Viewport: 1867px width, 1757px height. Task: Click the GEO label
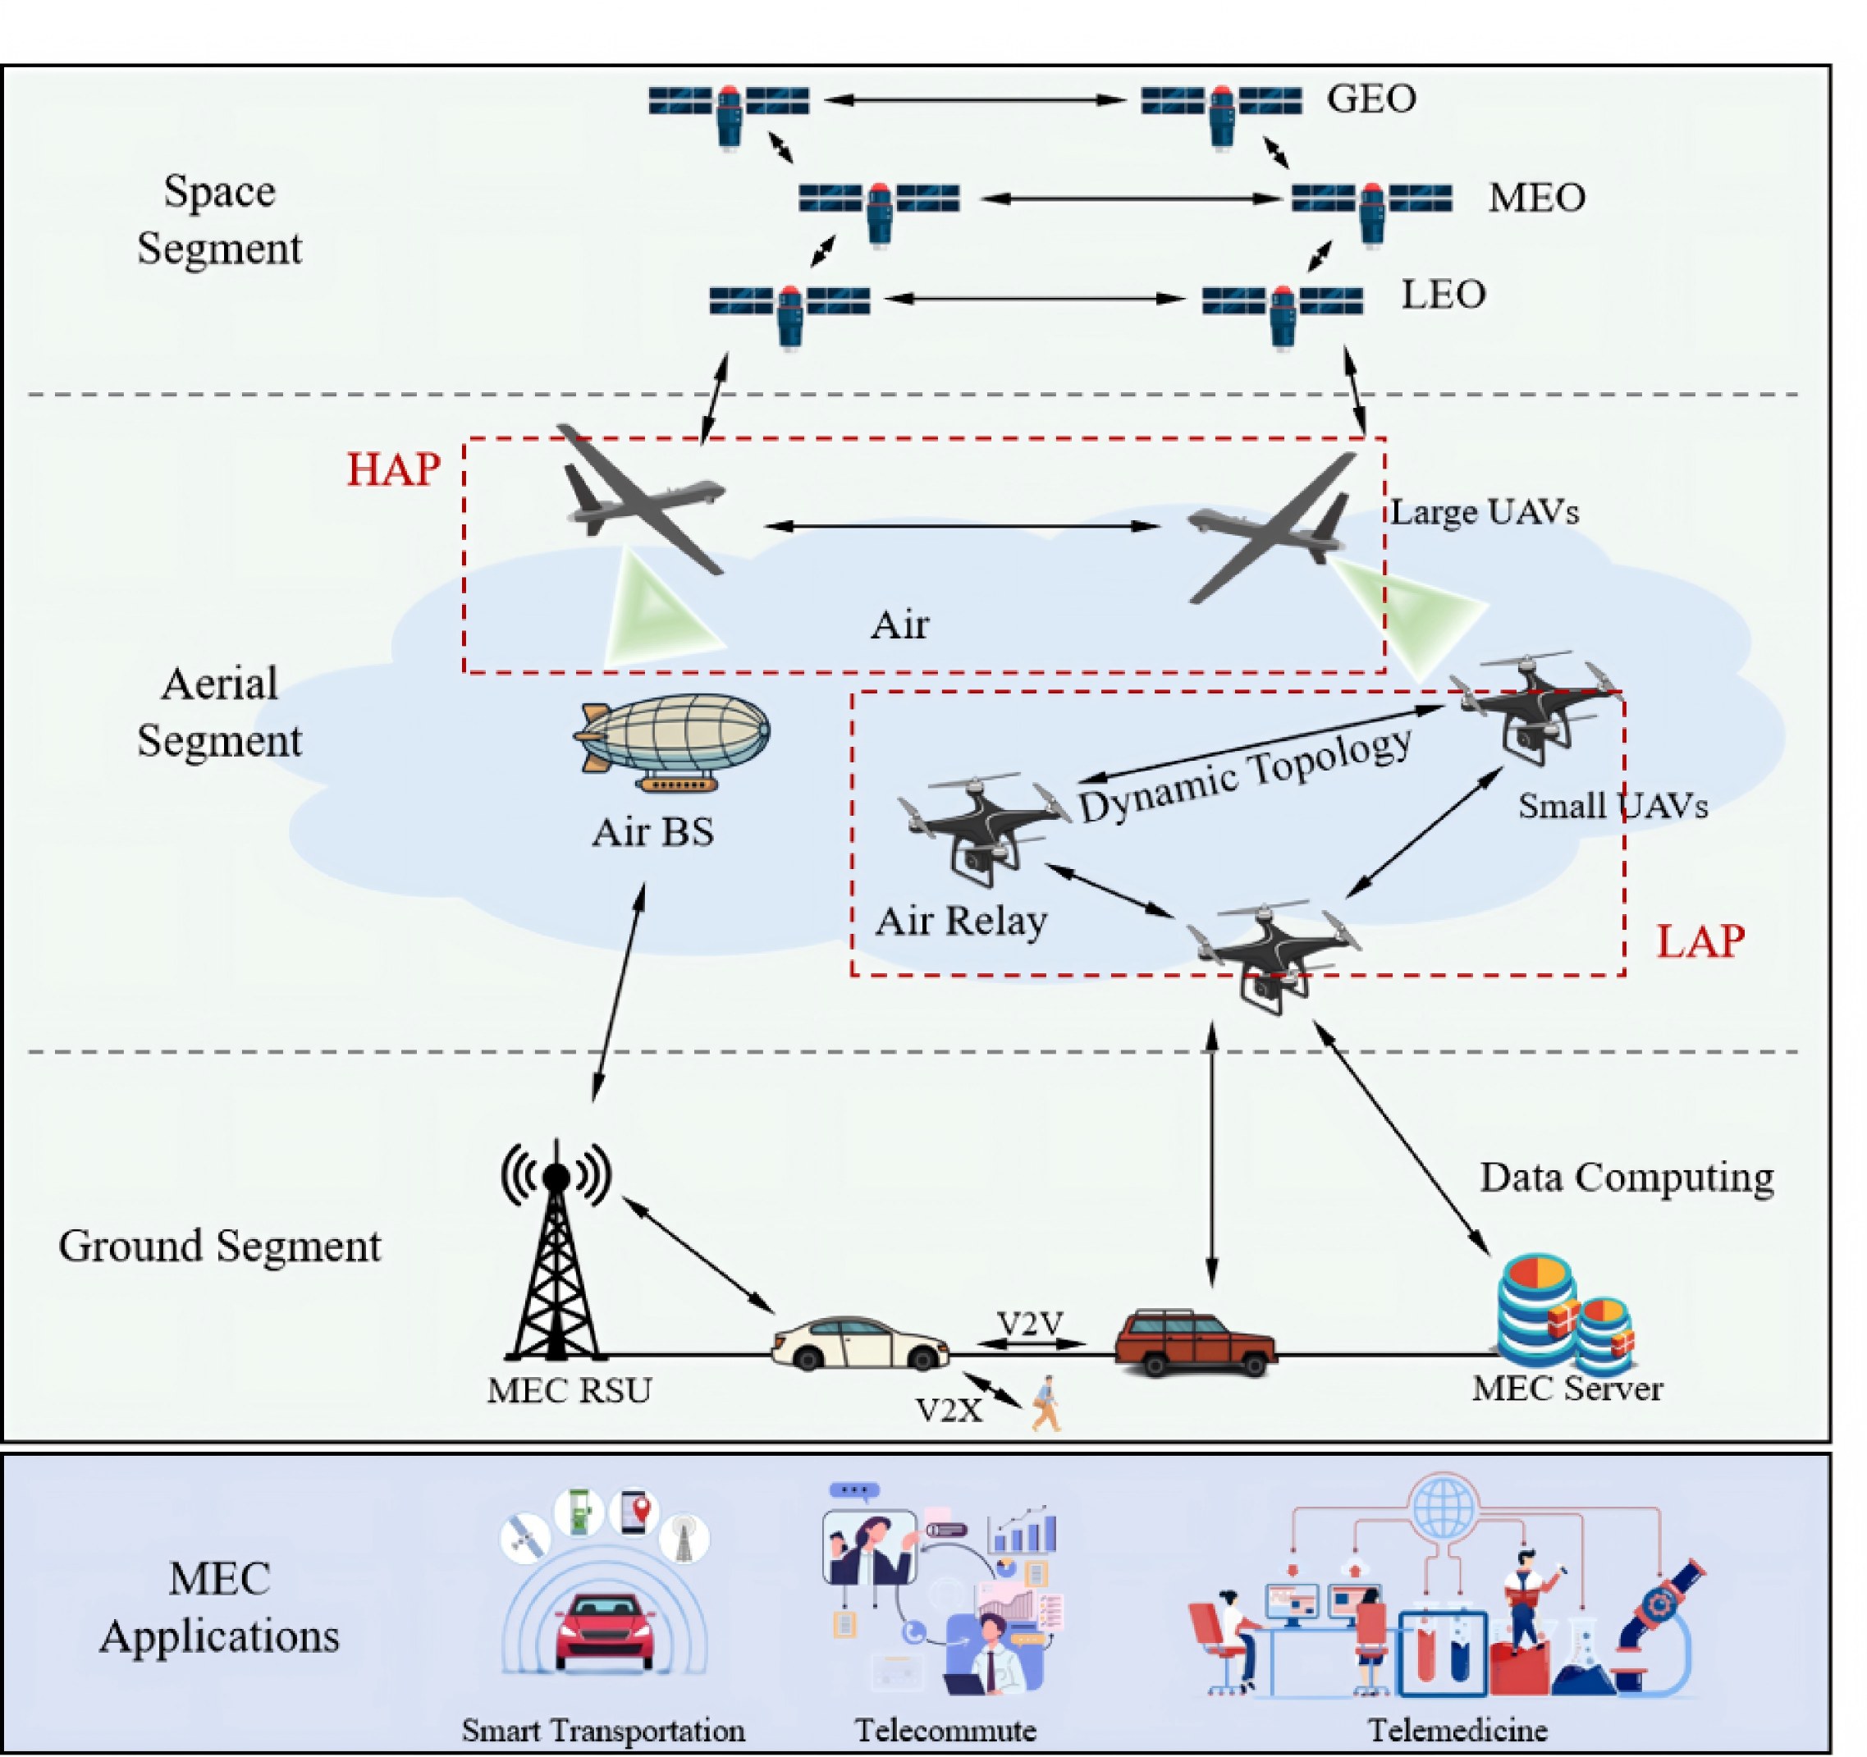1371,98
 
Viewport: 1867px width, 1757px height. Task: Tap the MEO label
1536,197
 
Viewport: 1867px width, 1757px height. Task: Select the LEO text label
1444,295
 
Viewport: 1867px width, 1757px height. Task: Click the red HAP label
393,469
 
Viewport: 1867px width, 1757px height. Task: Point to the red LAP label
1700,941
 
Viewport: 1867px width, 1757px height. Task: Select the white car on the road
859,1344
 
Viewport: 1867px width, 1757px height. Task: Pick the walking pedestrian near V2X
1046,1404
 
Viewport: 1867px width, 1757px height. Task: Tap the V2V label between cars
1030,1324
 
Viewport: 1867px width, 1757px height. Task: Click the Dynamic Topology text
1244,776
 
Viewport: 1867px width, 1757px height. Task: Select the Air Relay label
961,922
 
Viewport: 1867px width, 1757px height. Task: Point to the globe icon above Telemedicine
1444,1509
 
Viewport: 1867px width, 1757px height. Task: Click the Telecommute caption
945,1730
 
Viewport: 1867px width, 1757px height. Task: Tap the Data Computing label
1627,1178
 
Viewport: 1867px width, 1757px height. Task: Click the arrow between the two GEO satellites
975,99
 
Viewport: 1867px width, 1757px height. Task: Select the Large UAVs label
1485,512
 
